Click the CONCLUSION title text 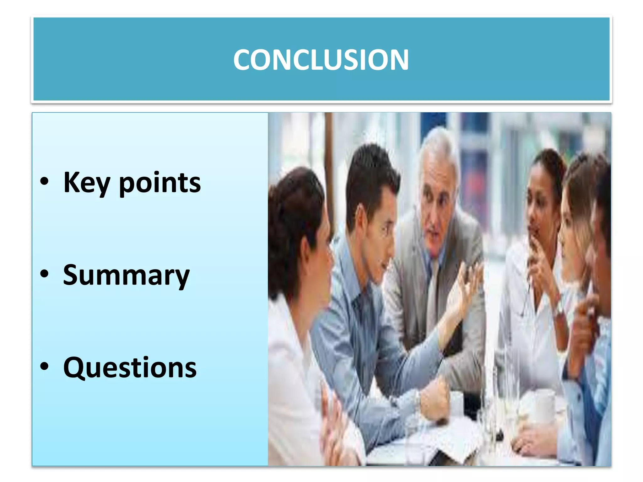[321, 60]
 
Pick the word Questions [130, 368]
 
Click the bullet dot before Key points [45, 181]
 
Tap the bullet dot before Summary [45, 274]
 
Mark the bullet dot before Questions [45, 366]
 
